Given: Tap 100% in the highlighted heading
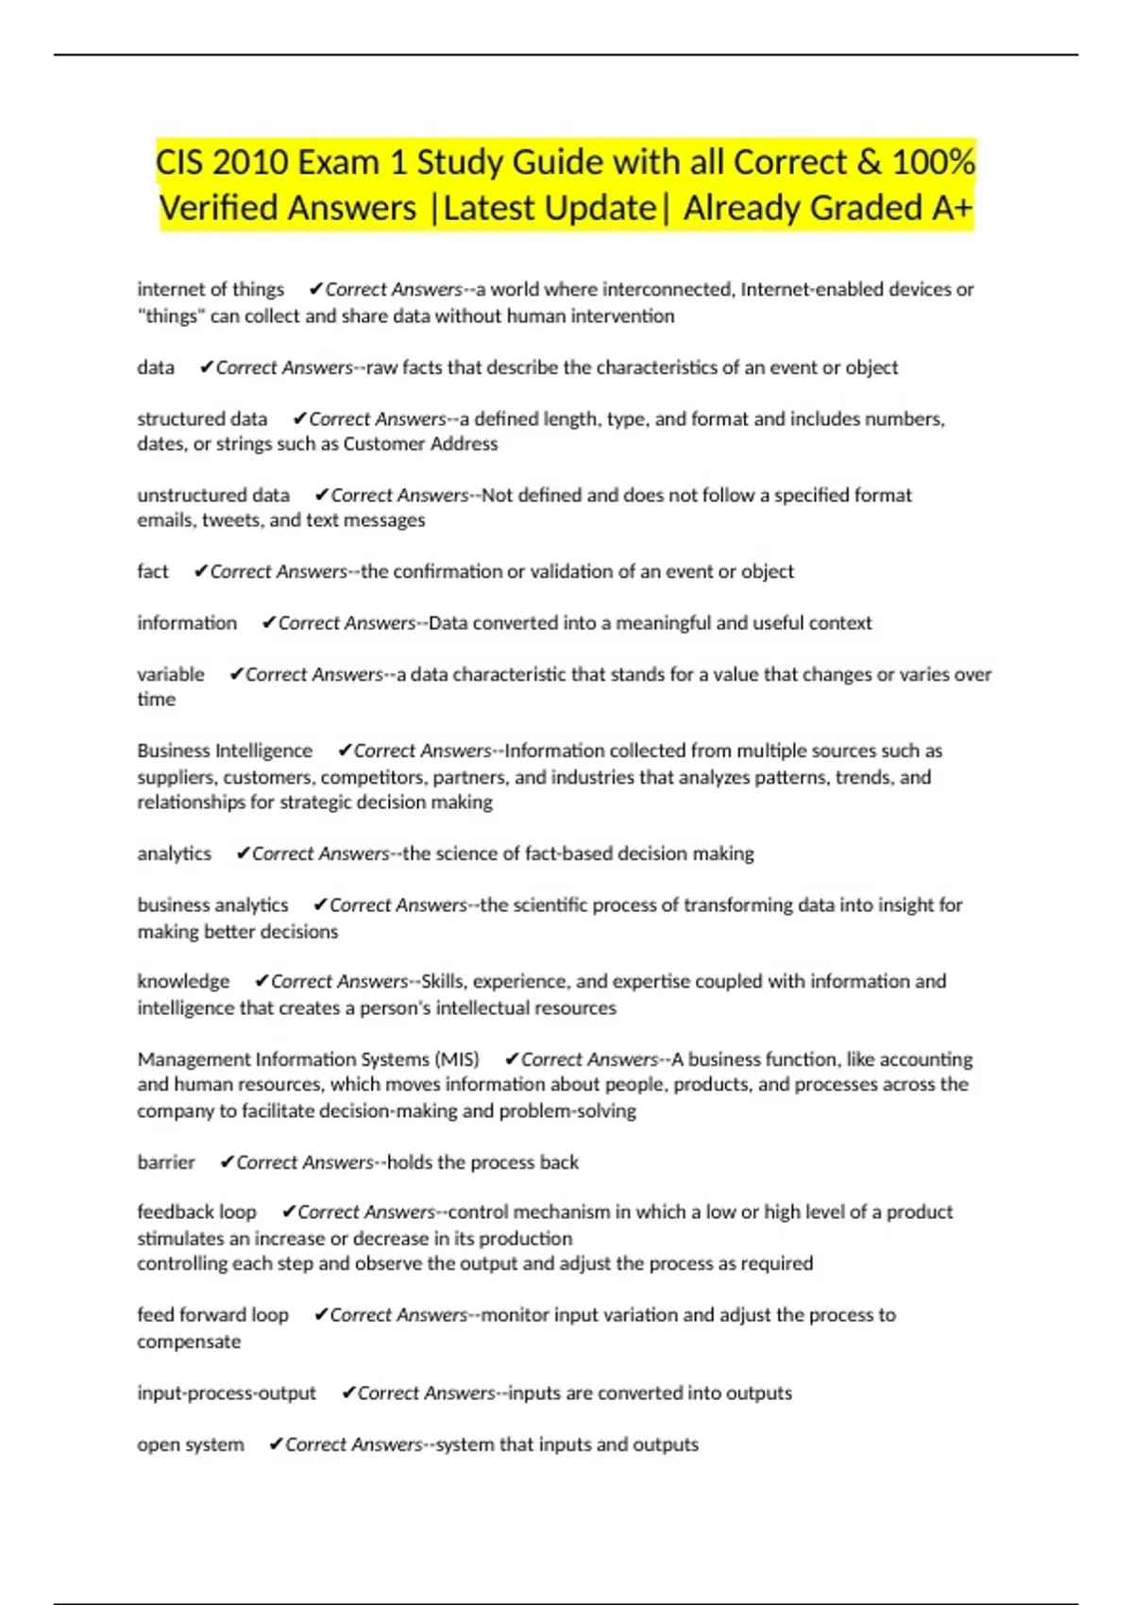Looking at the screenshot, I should point(933,162).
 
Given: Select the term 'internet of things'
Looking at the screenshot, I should point(211,289).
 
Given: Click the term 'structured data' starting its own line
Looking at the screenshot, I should point(202,418).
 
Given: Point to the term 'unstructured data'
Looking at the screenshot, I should point(213,495).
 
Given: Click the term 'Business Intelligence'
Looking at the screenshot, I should point(225,751).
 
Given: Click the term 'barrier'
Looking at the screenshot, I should point(166,1162).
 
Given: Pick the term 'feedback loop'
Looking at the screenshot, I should point(196,1212).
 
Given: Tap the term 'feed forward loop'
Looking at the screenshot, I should point(212,1315).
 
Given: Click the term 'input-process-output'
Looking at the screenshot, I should point(227,1394).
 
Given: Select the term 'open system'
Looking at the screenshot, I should point(190,1444).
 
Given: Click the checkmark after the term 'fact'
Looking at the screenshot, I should point(200,571).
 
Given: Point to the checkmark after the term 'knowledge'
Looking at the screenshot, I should point(262,982).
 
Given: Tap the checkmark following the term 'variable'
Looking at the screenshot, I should point(236,674).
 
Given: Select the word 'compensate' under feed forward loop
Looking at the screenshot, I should point(189,1342).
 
